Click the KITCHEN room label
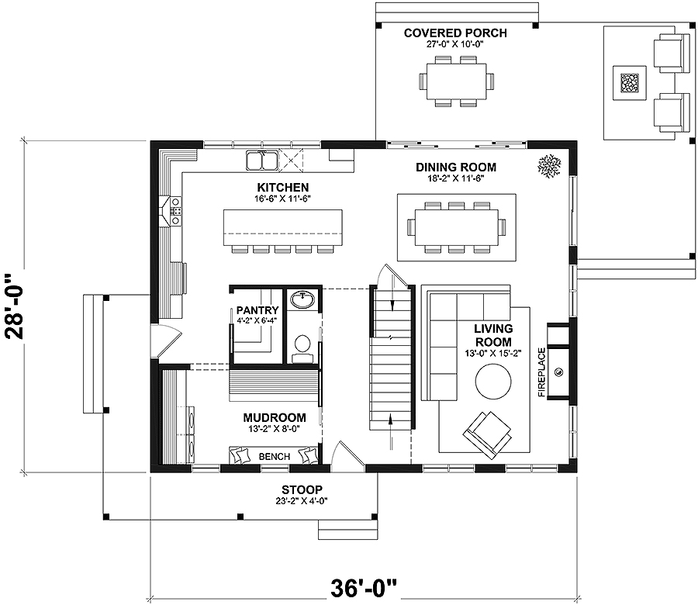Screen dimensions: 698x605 tap(282, 188)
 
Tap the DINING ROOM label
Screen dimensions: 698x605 tap(456, 168)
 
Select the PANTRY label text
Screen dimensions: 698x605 tap(257, 310)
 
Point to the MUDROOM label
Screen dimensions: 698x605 tap(275, 418)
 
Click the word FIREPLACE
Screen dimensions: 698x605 tap(542, 372)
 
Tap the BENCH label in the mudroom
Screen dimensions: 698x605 tap(275, 457)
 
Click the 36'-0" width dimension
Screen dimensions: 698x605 tap(363, 589)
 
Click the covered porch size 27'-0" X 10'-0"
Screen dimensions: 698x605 tap(455, 44)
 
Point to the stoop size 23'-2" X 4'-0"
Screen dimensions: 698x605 tap(302, 501)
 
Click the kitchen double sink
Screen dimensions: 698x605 tap(262, 161)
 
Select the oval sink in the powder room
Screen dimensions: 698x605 tap(302, 299)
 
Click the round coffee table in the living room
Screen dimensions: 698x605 tap(493, 382)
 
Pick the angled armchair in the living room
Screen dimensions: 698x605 tap(488, 434)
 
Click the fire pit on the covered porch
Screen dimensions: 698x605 tap(630, 82)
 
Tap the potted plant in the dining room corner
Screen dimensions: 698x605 tap(549, 167)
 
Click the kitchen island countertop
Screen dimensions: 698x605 tap(283, 227)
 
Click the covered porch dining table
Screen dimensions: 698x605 tap(456, 81)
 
